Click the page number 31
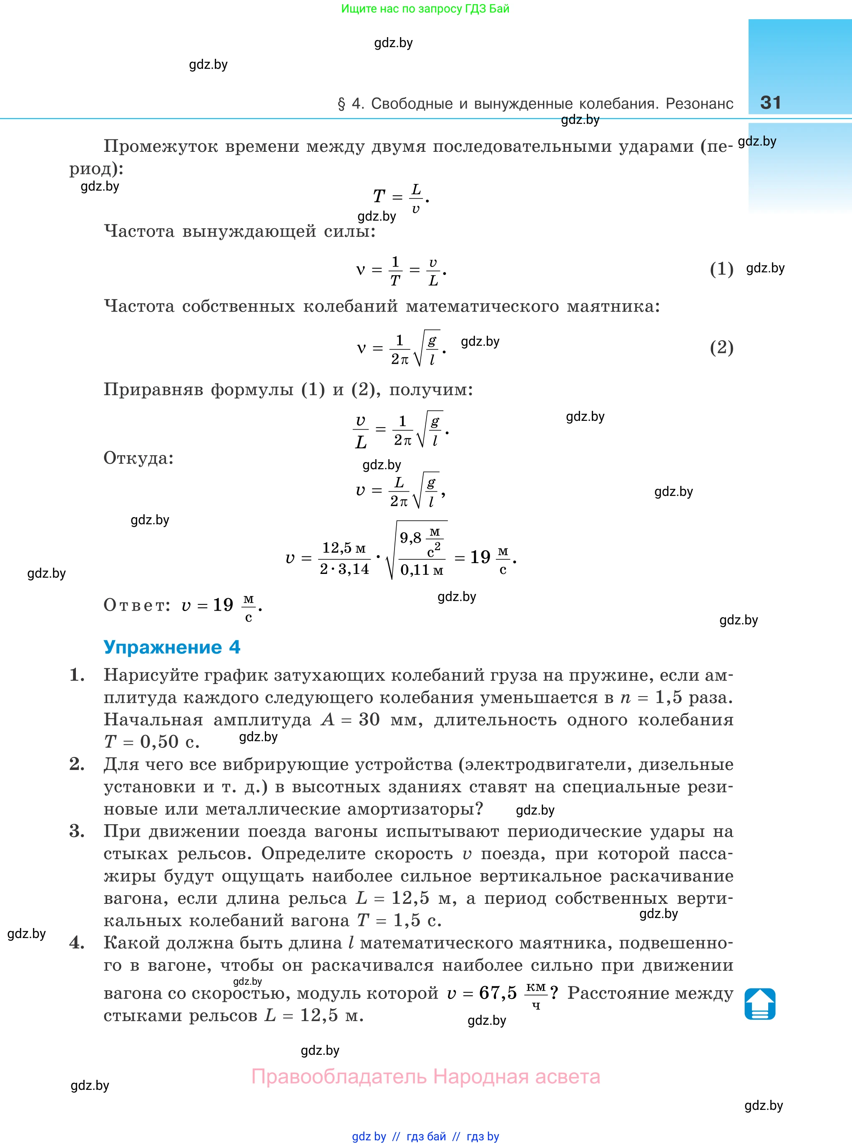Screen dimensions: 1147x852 [771, 102]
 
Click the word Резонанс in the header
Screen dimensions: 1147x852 [699, 104]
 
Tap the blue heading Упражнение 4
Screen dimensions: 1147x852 [172, 647]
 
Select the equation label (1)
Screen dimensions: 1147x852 [721, 269]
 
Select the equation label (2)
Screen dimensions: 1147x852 [721, 347]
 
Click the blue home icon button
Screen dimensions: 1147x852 [760, 1004]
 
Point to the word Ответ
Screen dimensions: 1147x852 [136, 604]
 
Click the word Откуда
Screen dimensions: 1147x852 [138, 458]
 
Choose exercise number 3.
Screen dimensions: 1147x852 [77, 831]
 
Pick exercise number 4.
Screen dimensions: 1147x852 [77, 943]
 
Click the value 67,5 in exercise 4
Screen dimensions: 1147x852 [498, 992]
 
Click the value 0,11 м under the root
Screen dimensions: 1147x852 [421, 570]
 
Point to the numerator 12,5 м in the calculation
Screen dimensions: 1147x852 [344, 548]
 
